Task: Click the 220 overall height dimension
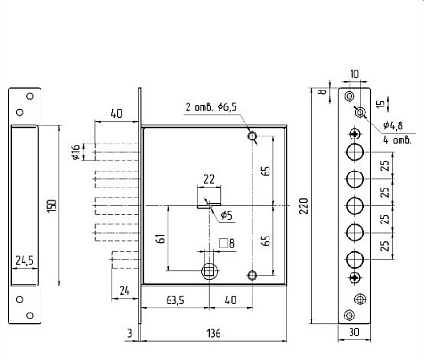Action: click(x=303, y=205)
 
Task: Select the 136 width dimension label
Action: click(x=214, y=334)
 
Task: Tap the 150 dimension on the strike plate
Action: click(x=51, y=205)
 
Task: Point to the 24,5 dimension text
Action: click(x=24, y=260)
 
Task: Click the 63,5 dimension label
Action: click(x=175, y=301)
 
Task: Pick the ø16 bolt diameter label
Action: click(x=76, y=153)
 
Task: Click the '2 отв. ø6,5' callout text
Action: click(x=210, y=107)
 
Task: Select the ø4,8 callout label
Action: click(x=393, y=125)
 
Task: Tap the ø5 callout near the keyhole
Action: click(x=226, y=215)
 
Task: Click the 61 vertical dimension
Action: click(x=160, y=238)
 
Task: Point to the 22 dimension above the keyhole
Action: click(x=209, y=179)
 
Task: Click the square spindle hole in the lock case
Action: click(x=208, y=270)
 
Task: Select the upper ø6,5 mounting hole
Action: click(x=253, y=137)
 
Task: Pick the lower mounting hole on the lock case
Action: click(x=252, y=276)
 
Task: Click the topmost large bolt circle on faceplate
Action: click(x=355, y=152)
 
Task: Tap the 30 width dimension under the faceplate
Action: click(x=354, y=332)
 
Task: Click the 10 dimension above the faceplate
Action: click(x=354, y=74)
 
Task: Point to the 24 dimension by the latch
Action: click(x=124, y=290)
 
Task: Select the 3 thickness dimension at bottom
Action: click(x=130, y=334)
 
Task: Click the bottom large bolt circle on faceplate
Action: click(x=355, y=259)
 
